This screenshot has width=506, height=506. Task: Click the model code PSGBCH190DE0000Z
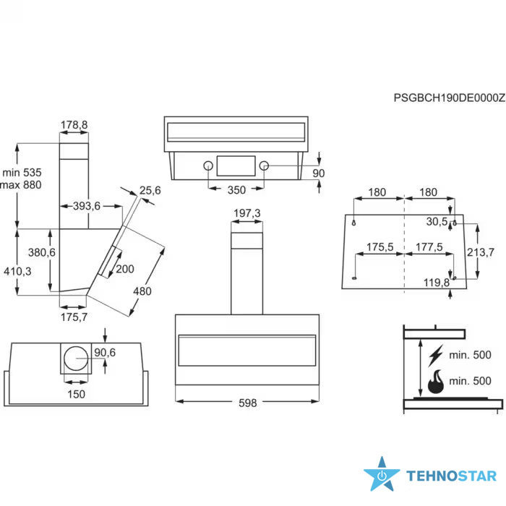(x=449, y=98)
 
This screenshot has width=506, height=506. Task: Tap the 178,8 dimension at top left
(x=74, y=124)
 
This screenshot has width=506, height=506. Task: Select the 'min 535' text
(x=22, y=172)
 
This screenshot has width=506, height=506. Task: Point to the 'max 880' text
(x=21, y=185)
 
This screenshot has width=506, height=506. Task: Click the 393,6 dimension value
(x=87, y=206)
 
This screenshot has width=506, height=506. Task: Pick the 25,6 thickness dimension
(x=150, y=190)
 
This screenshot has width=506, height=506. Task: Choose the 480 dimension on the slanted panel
(x=142, y=291)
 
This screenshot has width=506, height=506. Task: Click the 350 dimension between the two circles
(x=236, y=189)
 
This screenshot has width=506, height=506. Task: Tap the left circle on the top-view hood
(x=208, y=166)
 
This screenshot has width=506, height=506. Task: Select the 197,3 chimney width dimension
(x=247, y=213)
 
